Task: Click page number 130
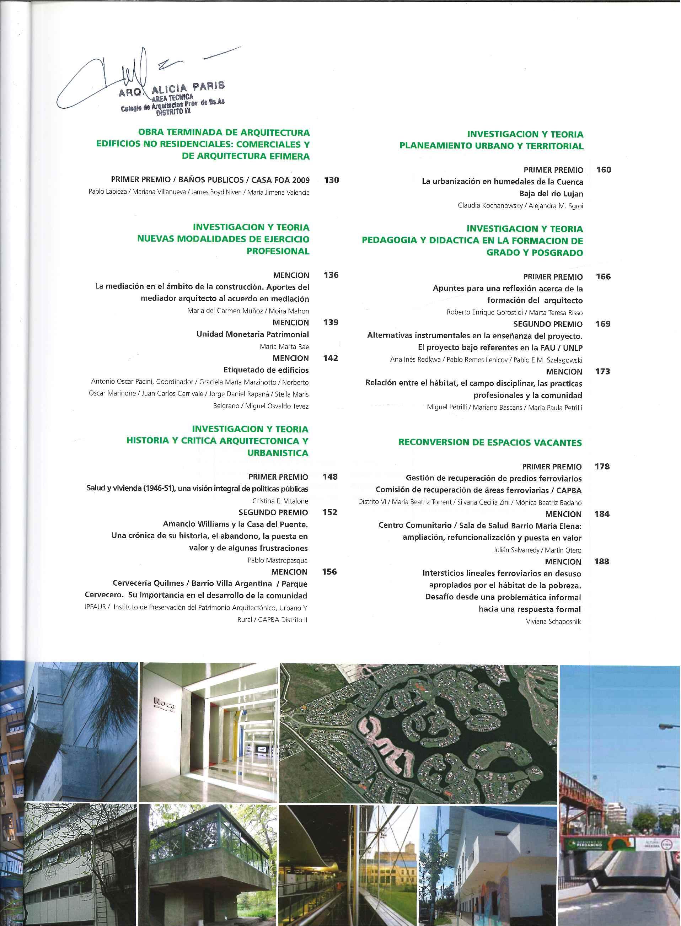point(331,180)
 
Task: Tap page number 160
point(604,170)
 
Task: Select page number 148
point(330,477)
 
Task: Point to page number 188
point(602,561)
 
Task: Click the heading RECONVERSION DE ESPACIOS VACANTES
point(490,443)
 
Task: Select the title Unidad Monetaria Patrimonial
point(253,334)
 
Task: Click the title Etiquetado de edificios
point(266,370)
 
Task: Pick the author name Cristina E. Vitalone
point(280,501)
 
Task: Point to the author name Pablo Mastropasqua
point(278,560)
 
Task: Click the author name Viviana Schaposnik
point(553,621)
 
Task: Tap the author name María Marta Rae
point(284,346)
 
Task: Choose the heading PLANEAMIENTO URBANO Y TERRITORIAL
point(491,146)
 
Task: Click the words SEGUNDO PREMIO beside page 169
point(548,324)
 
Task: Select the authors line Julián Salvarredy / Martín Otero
point(537,550)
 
